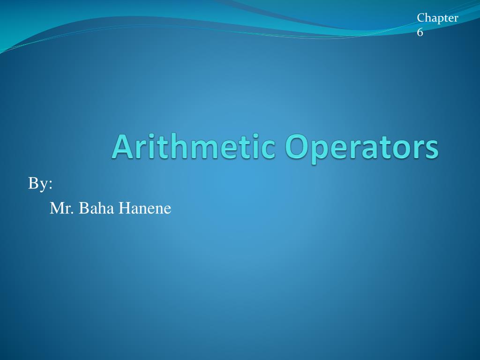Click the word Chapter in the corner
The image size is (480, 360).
tap(437, 18)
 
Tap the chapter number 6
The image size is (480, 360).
tap(420, 32)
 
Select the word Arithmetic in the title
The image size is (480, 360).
tap(193, 146)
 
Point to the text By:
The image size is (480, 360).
tap(40, 184)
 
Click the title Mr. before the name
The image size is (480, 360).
tap(62, 208)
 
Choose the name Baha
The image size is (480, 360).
tap(96, 208)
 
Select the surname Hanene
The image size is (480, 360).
tap(144, 208)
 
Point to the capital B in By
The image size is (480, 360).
tap(33, 184)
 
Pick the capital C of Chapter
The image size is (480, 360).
tap(421, 18)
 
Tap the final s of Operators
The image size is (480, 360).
tap(432, 149)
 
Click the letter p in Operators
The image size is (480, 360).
tap(319, 151)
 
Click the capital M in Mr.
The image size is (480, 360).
tap(56, 208)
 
